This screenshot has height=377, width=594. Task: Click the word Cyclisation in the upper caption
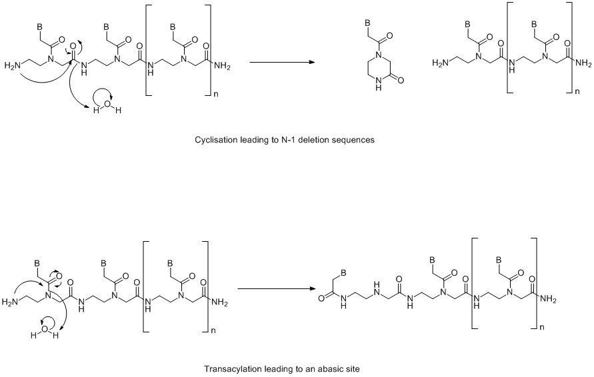(216, 140)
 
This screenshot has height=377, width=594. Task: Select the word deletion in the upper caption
(313, 140)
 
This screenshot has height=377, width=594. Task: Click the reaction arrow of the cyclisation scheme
(282, 62)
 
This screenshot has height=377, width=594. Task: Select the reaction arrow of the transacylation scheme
(277, 289)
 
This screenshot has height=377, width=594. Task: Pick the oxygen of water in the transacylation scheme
(45, 328)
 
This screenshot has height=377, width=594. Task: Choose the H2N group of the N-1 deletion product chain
(439, 63)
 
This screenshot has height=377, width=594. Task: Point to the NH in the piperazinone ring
(377, 85)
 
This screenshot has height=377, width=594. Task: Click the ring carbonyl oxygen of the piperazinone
(401, 80)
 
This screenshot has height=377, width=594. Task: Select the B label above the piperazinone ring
(367, 23)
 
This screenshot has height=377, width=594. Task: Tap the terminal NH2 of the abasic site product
(549, 300)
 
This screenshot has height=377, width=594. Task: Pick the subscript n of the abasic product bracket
(542, 326)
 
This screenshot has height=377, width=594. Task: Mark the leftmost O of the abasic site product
(321, 298)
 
